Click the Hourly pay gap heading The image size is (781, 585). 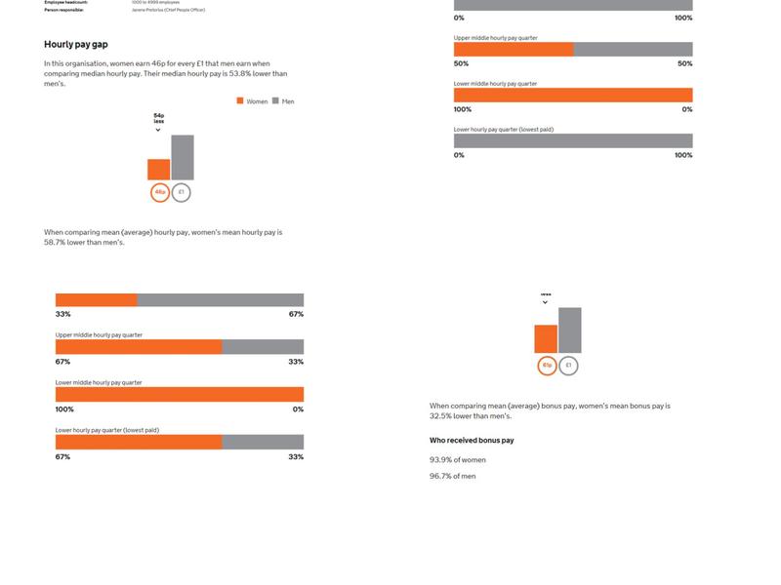(x=76, y=45)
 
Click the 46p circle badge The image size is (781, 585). (x=159, y=192)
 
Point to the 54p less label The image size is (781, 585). (x=159, y=118)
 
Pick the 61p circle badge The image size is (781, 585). (x=547, y=366)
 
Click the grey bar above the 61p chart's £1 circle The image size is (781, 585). (x=569, y=330)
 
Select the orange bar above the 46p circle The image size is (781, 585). (x=159, y=169)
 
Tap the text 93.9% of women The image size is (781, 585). (x=458, y=459)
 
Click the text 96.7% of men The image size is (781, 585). (x=453, y=476)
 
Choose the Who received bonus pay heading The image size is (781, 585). (x=472, y=441)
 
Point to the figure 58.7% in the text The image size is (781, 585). (x=55, y=242)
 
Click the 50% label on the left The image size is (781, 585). (x=461, y=63)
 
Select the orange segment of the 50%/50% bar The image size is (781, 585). (x=514, y=49)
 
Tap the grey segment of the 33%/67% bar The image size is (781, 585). (x=221, y=300)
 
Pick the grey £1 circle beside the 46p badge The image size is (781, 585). (x=181, y=192)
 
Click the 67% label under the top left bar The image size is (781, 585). (x=296, y=314)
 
